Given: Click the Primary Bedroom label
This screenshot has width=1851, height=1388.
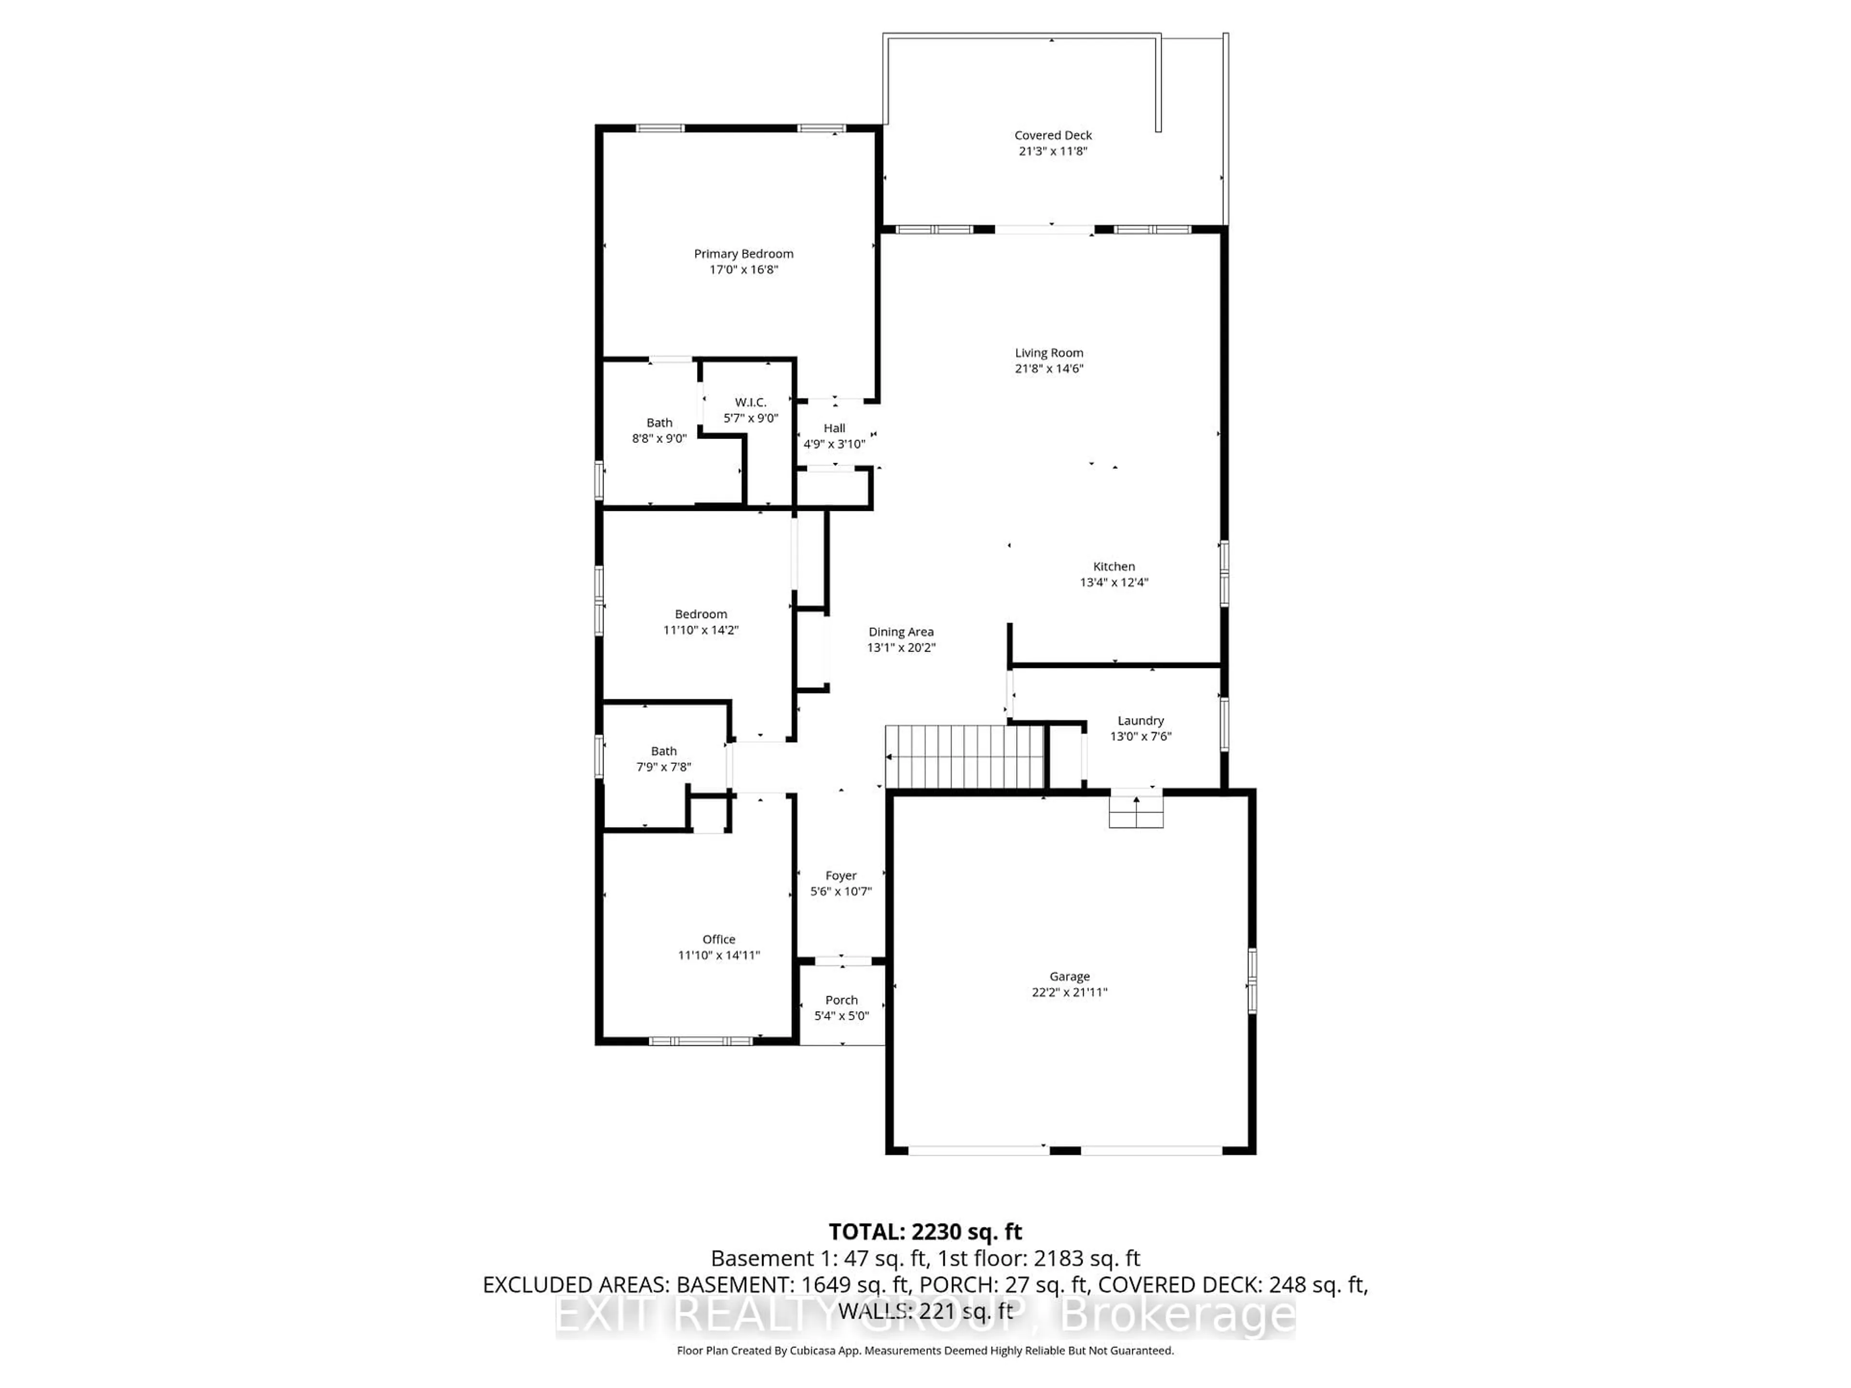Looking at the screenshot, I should coord(743,254).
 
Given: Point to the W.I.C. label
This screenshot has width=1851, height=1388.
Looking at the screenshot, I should coord(751,402).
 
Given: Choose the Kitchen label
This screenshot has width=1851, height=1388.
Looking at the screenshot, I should coord(1114,566).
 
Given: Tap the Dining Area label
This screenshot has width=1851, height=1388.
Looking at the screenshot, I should coord(900,632).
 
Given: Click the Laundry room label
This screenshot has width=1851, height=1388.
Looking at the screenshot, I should coord(1140,721).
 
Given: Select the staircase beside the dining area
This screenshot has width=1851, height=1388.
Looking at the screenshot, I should coord(965,756).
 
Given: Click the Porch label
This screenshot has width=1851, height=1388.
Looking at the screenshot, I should coord(841,1000).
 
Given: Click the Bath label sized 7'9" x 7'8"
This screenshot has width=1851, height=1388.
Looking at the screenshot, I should coord(664,751).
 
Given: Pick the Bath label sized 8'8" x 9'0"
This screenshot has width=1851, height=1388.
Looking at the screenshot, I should coord(659,423).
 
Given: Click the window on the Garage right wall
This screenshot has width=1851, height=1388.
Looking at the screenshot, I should coord(1252,981).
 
